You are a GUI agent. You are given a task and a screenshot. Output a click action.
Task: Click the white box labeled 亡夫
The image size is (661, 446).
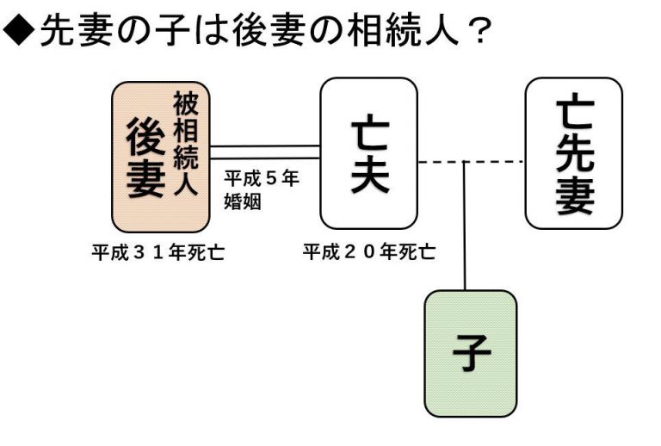click(368, 153)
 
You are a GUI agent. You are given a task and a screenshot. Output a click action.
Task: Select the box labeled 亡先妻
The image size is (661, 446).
click(573, 153)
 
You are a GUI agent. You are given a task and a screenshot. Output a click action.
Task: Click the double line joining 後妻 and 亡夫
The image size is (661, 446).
click(264, 152)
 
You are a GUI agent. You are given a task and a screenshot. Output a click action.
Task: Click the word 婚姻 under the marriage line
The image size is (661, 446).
click(243, 204)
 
